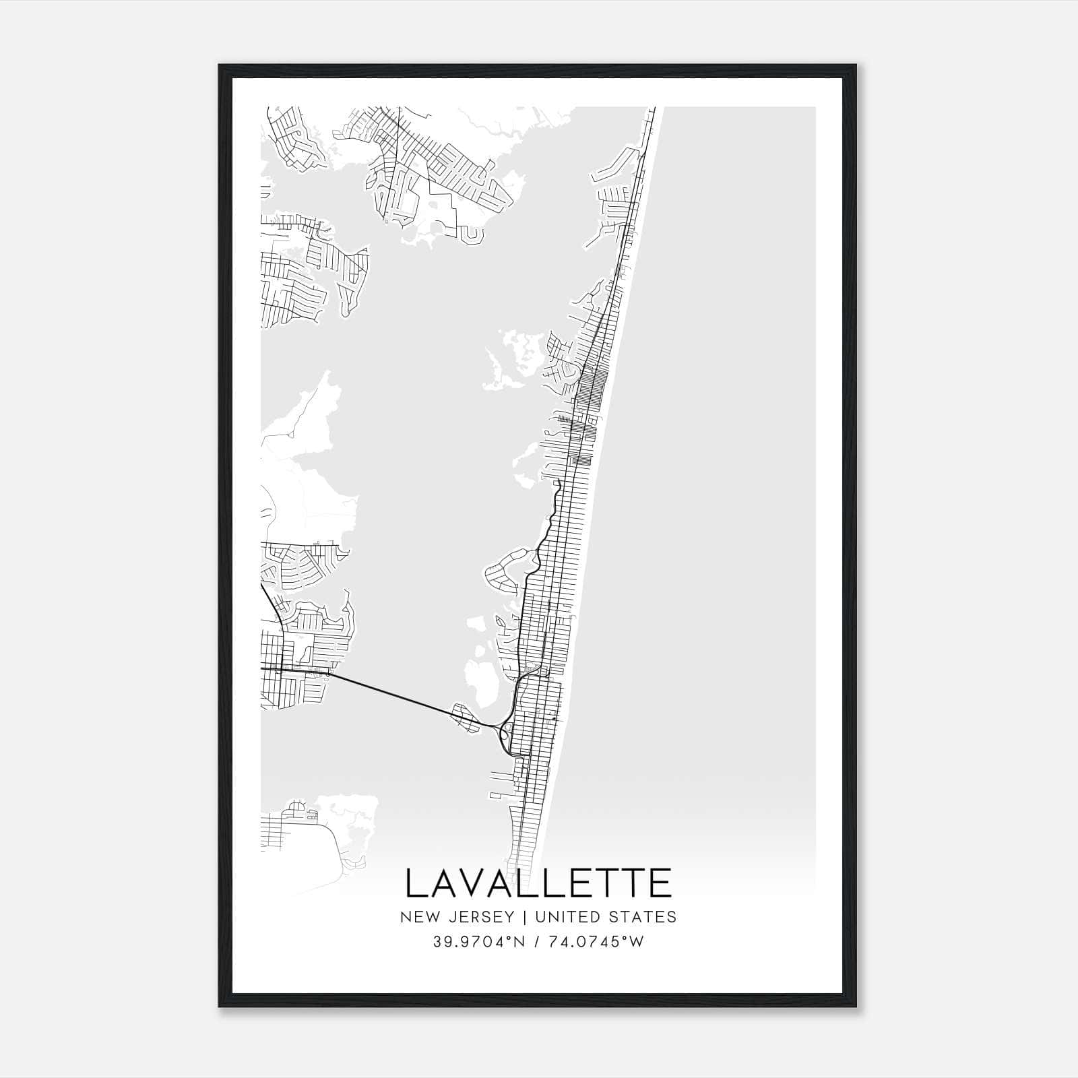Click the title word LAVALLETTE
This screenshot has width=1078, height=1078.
538,883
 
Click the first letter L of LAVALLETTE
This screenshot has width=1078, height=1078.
417,883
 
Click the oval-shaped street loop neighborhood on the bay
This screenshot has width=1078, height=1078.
506,569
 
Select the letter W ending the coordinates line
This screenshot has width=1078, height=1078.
637,942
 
